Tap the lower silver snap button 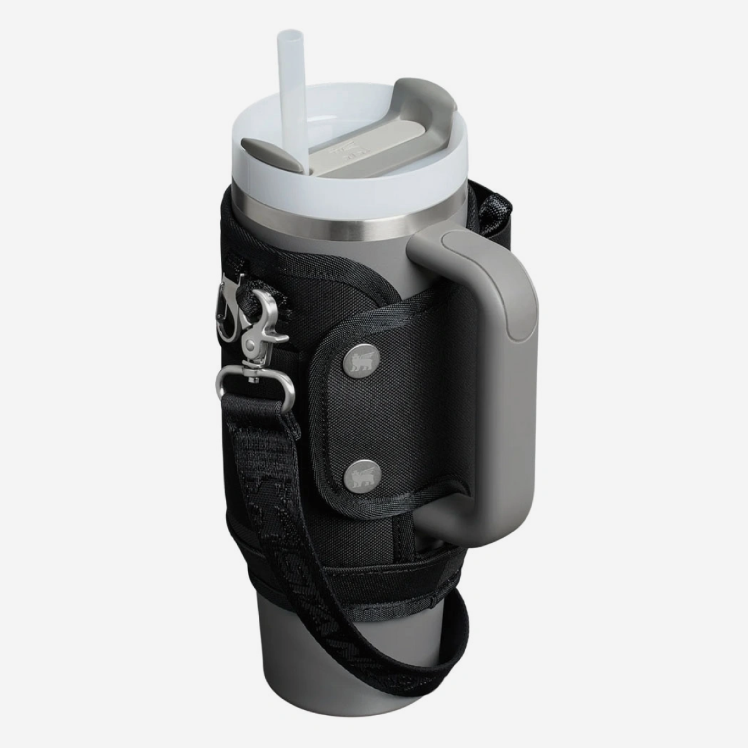356,472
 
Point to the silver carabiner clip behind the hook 228,304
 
